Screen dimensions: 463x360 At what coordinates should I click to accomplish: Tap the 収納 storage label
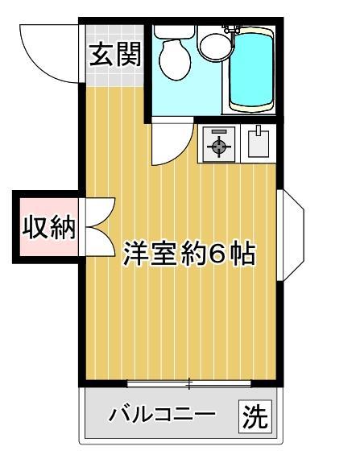click(48, 229)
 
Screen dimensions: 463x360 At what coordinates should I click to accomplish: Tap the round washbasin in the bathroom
click(213, 45)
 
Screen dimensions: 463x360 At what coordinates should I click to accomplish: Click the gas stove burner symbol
click(218, 145)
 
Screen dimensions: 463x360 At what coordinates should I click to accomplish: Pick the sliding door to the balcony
click(190, 382)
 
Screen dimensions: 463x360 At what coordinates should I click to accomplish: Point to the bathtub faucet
click(234, 29)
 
